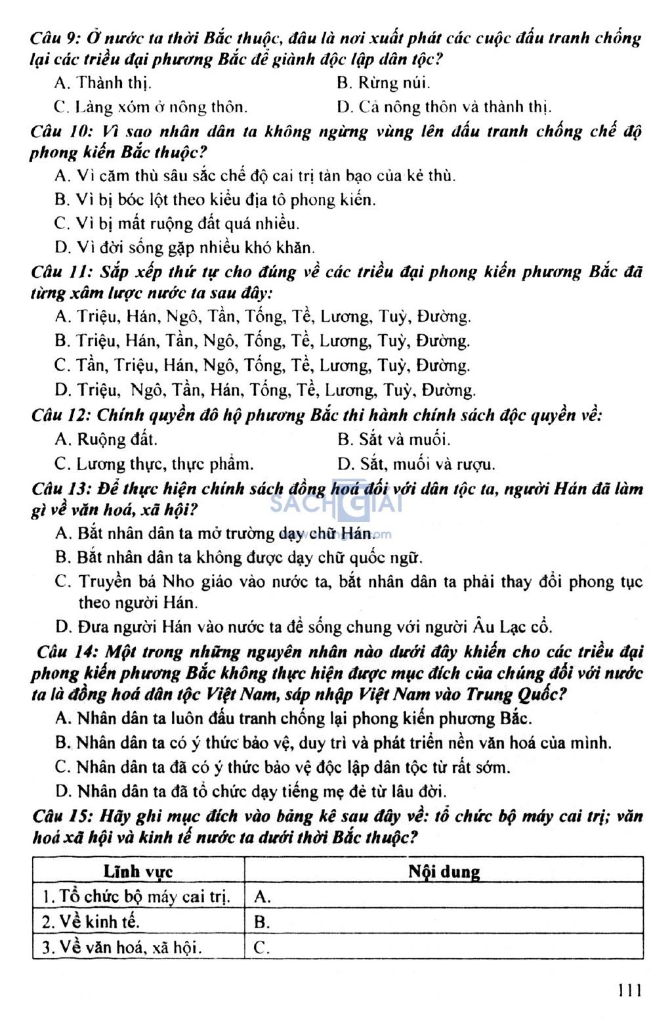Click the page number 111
(x=629, y=989)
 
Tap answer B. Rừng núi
(x=383, y=83)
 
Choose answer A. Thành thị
(x=103, y=83)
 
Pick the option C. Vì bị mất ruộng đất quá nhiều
(x=177, y=223)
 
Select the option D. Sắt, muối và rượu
(x=416, y=464)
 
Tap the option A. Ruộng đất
(x=106, y=439)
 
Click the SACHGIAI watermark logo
(x=335, y=504)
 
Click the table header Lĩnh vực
(x=138, y=871)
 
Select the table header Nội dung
(x=444, y=871)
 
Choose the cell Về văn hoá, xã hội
(x=121, y=947)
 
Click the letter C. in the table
(x=262, y=947)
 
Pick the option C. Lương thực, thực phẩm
(x=154, y=464)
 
